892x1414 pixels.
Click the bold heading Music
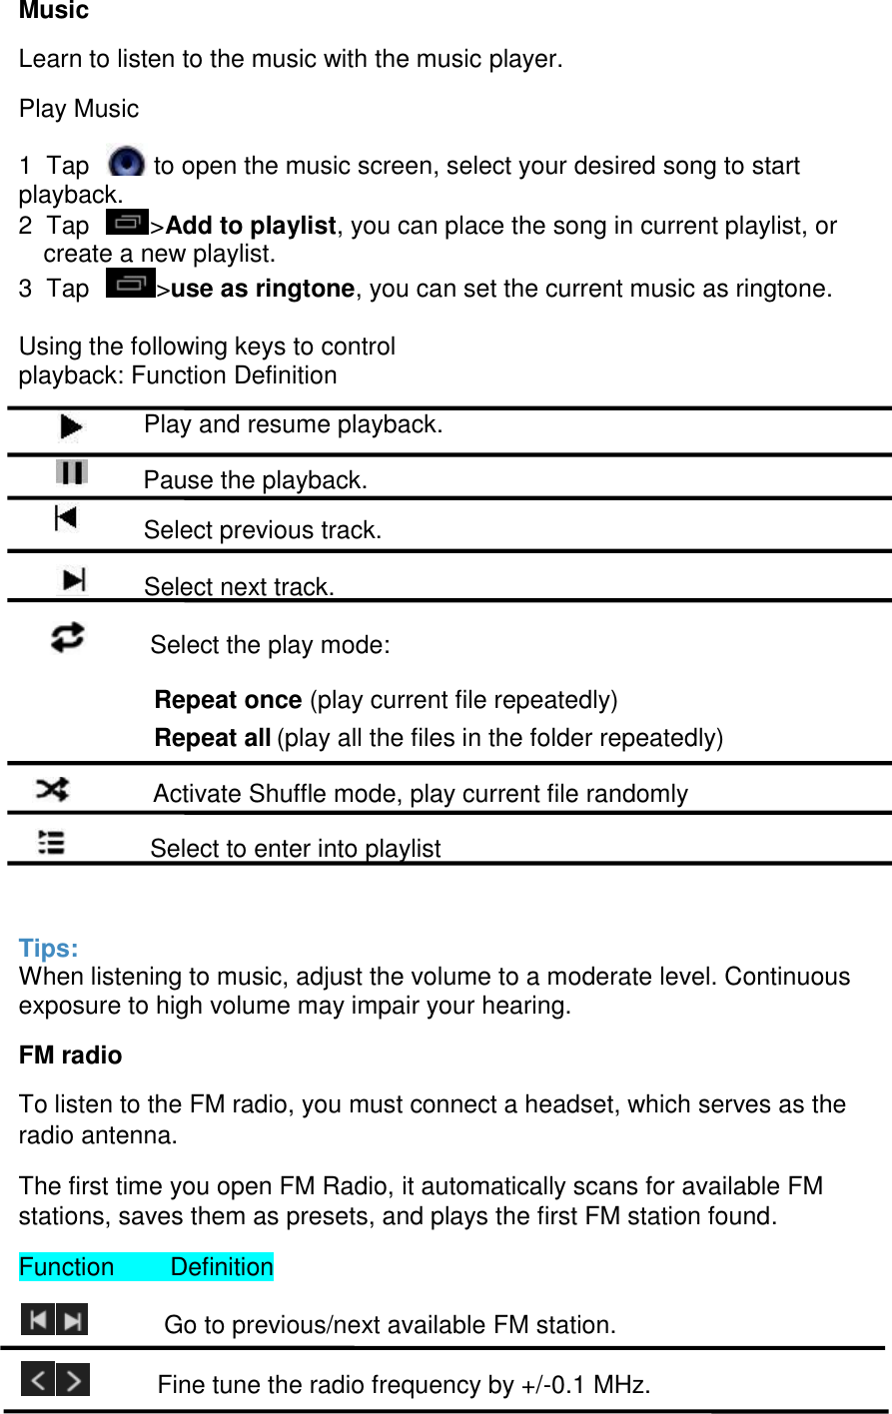coord(54,11)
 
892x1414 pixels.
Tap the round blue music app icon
coord(126,163)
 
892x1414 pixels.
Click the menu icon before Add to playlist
coord(127,223)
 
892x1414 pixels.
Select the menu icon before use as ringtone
coord(130,285)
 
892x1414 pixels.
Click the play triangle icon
coord(70,427)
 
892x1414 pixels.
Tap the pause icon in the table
coord(72,472)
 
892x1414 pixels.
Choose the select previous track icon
coord(66,517)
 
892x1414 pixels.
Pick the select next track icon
coord(74,579)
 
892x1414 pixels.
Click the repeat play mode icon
coord(68,637)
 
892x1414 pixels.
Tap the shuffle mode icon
coord(52,790)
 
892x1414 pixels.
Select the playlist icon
coord(52,843)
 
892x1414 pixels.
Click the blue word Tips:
coord(48,949)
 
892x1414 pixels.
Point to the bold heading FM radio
coord(70,1056)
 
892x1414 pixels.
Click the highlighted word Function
coord(67,1267)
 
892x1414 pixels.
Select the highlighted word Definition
coord(222,1267)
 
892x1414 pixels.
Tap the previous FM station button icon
coord(38,1320)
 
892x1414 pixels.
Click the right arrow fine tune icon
coord(73,1380)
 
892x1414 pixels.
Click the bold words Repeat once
coord(228,700)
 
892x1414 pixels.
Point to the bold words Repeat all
coord(212,738)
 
